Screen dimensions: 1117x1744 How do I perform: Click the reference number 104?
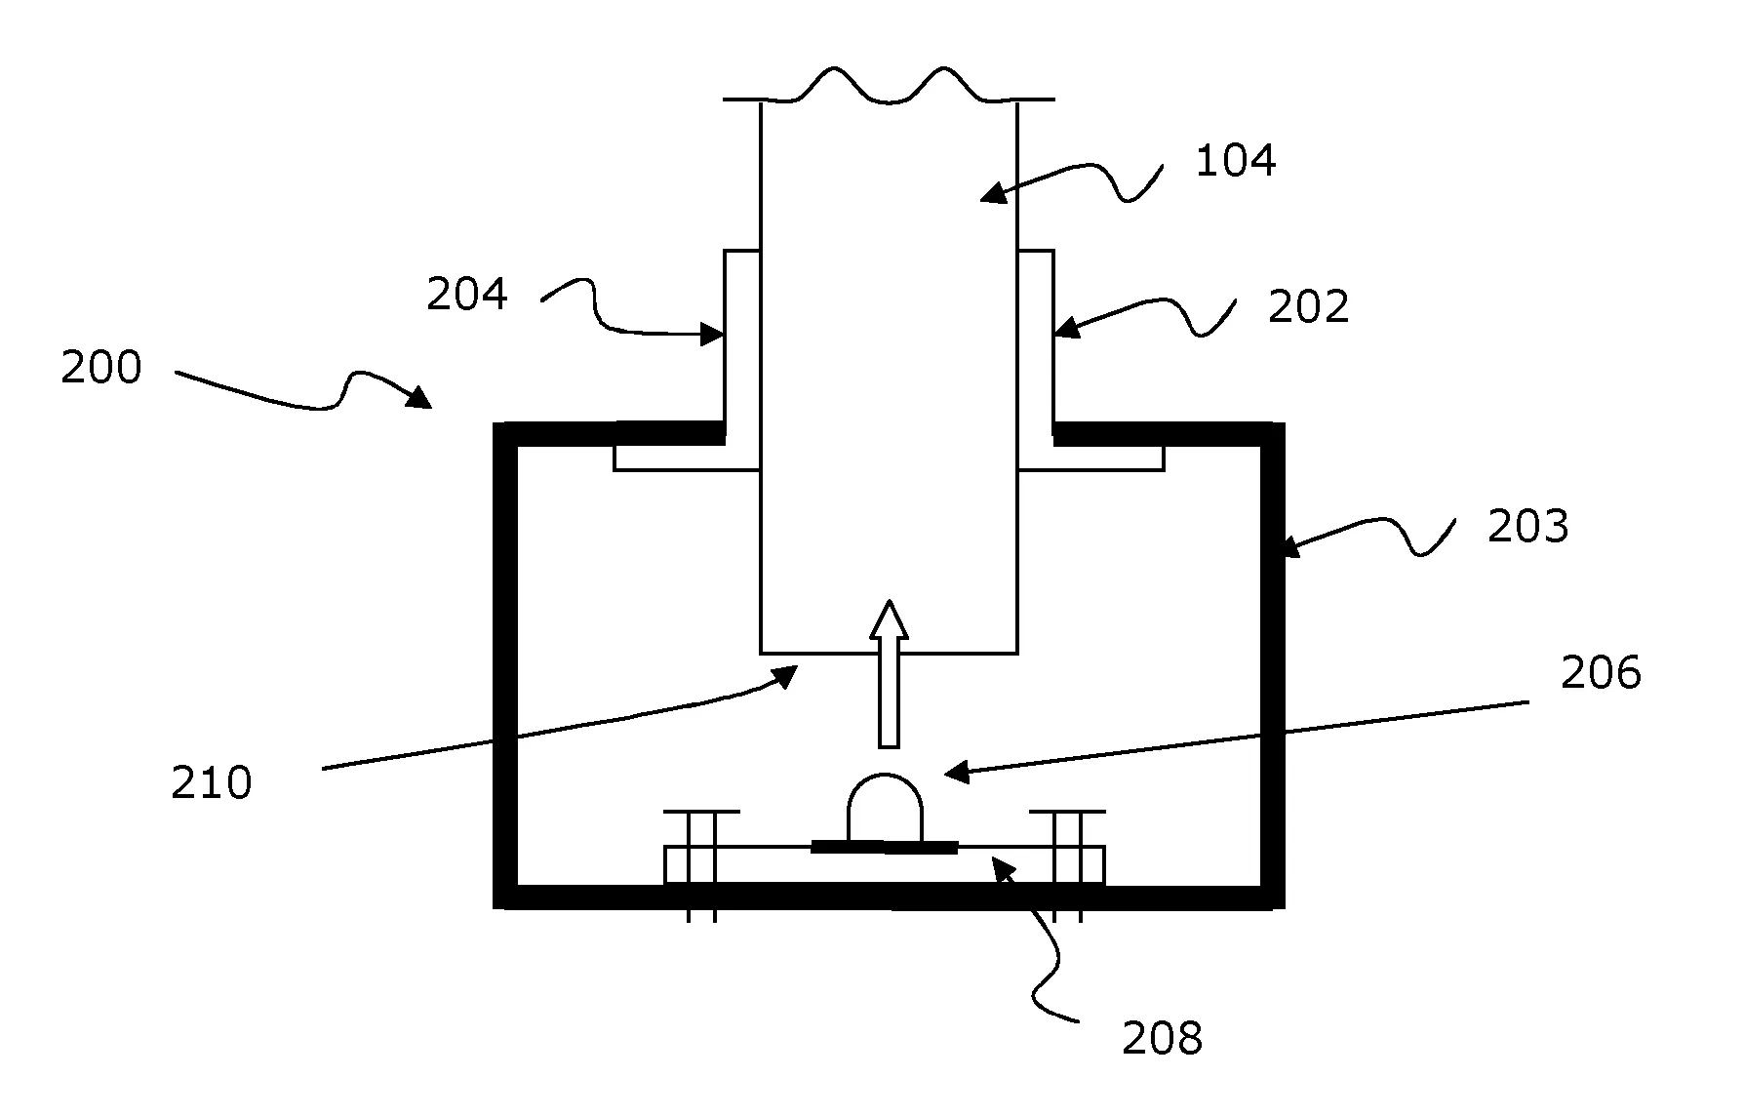(1235, 160)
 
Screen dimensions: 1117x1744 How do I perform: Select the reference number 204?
(466, 294)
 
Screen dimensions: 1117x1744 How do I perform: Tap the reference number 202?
(1308, 306)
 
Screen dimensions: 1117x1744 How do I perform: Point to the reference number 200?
(101, 368)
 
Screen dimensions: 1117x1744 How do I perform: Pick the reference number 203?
(1527, 527)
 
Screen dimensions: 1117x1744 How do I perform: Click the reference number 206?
(1601, 673)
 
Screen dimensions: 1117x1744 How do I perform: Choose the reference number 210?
(211, 783)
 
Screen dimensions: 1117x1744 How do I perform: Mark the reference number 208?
(1162, 1039)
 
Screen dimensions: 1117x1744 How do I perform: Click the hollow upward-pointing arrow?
(889, 673)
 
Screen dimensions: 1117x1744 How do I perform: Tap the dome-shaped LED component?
(885, 808)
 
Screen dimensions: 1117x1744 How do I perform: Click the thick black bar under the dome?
(885, 847)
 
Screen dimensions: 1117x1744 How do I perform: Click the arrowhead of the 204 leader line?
(714, 335)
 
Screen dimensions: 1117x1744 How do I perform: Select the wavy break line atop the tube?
(889, 85)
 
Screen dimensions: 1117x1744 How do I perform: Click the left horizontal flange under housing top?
(686, 459)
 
